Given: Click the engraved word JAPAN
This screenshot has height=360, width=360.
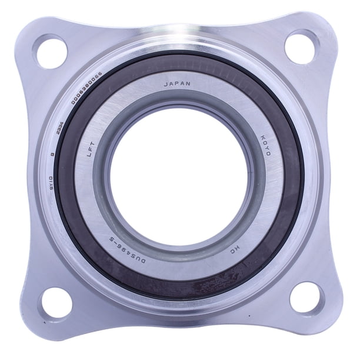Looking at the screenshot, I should tap(176, 84).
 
